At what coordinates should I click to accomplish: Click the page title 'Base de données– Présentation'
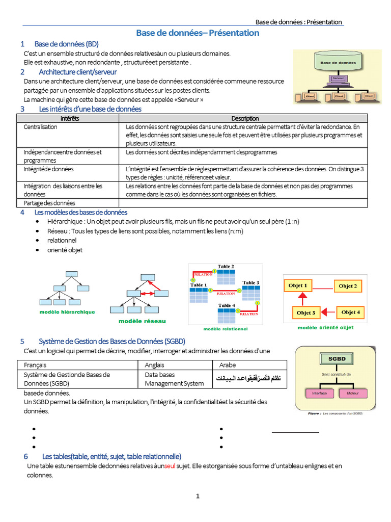pos(198,33)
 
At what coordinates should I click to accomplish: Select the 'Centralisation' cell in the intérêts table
pos(41,127)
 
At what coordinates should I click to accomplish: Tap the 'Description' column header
pos(245,118)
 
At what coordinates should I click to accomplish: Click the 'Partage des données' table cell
pos(49,203)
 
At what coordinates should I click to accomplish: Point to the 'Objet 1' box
pos(298,286)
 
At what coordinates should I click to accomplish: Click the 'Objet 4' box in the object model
pos(350,312)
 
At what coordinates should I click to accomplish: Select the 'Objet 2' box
pos(348,286)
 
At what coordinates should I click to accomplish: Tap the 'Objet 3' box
pos(305,312)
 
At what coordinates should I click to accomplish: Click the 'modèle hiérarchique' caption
pos(67,312)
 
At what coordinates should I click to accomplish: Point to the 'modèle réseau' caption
pos(142,321)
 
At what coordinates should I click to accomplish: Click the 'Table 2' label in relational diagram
pos(226,267)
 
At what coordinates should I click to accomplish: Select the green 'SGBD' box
pos(337,359)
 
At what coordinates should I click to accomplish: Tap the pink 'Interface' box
pos(319,394)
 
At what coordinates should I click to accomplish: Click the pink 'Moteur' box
pos(353,394)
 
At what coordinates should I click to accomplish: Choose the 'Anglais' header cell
pos(155,365)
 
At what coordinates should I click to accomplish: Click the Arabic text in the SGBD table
pos(249,378)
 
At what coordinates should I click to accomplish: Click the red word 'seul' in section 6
pos(170,466)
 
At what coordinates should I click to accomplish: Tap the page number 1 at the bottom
pos(198,496)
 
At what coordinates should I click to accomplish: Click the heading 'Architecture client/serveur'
pos(77,72)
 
